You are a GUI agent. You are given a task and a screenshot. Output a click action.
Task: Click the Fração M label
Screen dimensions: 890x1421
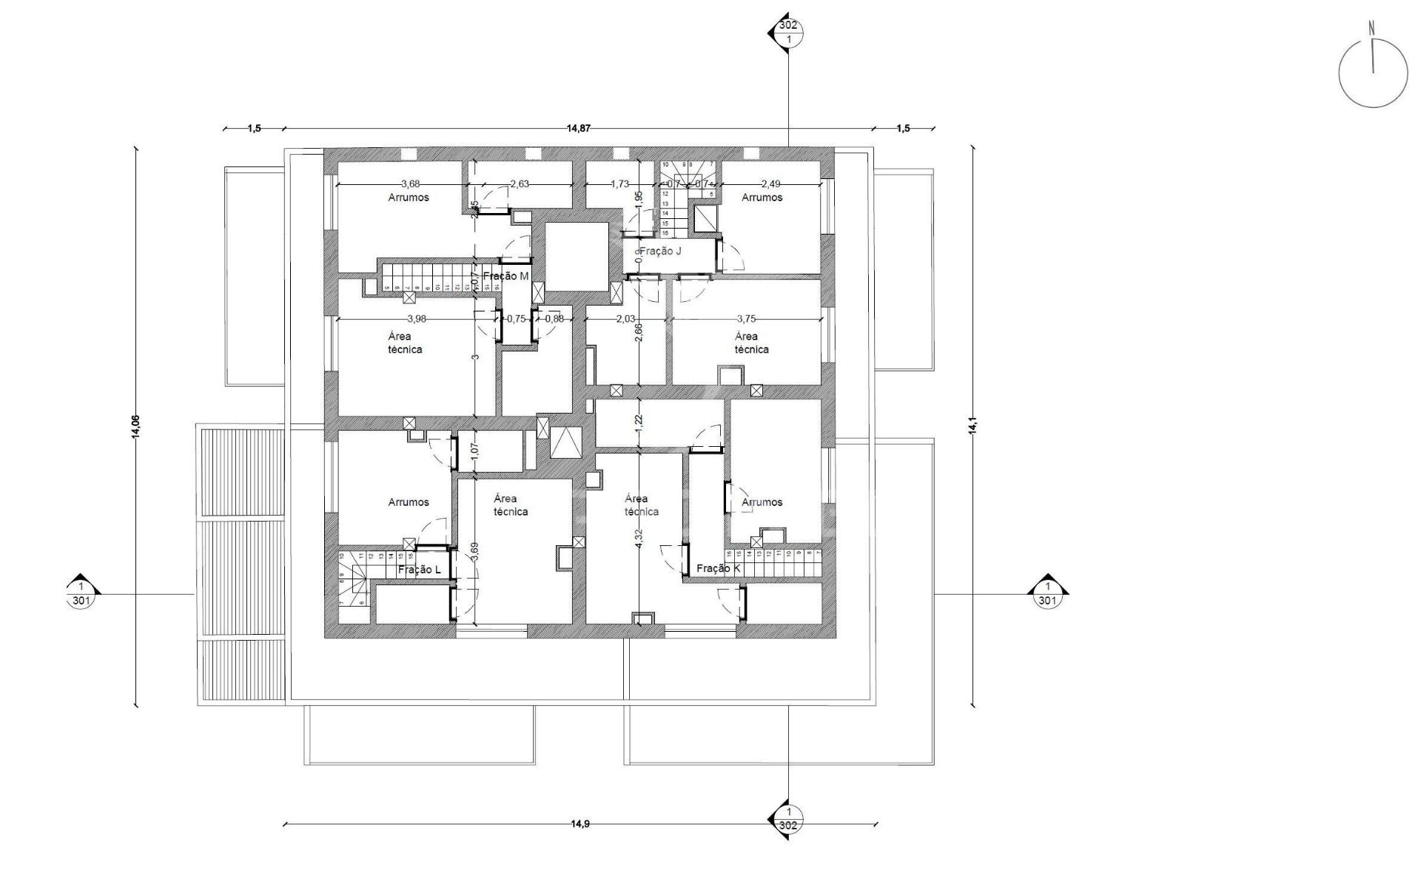click(506, 276)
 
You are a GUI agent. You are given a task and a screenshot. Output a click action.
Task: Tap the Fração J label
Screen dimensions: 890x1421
click(660, 252)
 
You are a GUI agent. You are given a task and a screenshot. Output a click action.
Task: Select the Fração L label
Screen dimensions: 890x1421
click(419, 570)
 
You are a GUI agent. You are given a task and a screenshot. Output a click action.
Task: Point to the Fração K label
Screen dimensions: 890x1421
click(718, 568)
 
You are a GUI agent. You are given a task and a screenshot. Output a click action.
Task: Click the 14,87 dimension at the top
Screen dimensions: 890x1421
click(579, 128)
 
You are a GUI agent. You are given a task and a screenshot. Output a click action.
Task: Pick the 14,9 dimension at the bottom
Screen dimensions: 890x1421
click(580, 824)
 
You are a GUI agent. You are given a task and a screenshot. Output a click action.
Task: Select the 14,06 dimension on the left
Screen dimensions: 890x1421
click(135, 428)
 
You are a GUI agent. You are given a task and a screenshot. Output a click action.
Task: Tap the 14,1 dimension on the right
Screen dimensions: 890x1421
click(973, 426)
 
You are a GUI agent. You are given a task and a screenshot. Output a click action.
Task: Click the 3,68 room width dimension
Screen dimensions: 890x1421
click(410, 184)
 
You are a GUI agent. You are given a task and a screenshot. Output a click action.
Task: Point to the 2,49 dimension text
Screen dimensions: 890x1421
click(770, 184)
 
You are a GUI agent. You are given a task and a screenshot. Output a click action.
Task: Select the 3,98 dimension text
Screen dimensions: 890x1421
click(417, 320)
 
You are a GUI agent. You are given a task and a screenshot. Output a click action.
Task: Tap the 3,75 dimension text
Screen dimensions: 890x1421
click(747, 320)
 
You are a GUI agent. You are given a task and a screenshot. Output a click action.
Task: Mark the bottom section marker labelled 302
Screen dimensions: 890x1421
click(789, 818)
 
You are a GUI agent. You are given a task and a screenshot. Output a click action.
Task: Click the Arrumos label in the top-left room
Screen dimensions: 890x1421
click(409, 198)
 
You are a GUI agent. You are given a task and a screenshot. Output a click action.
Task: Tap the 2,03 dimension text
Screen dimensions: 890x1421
click(625, 320)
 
